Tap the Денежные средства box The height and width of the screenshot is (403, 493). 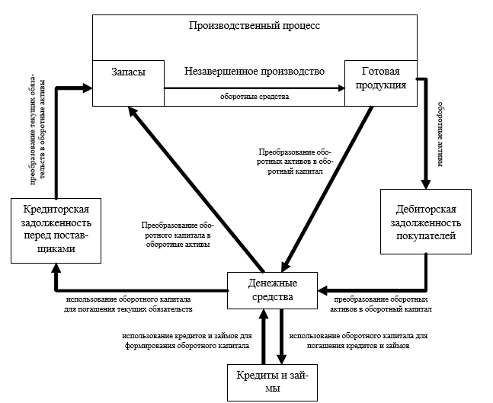tap(273, 289)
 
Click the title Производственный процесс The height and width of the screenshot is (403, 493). tap(255, 26)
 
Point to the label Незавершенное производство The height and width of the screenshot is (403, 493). tap(255, 71)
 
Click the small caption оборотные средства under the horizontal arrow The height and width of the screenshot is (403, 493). tap(255, 98)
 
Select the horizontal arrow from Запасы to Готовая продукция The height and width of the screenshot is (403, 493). tap(251, 88)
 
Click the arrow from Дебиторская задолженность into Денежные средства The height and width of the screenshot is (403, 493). tap(373, 289)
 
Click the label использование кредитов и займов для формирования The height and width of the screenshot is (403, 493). tap(186, 340)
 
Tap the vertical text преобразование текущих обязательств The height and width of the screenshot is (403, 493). tap(37, 130)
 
